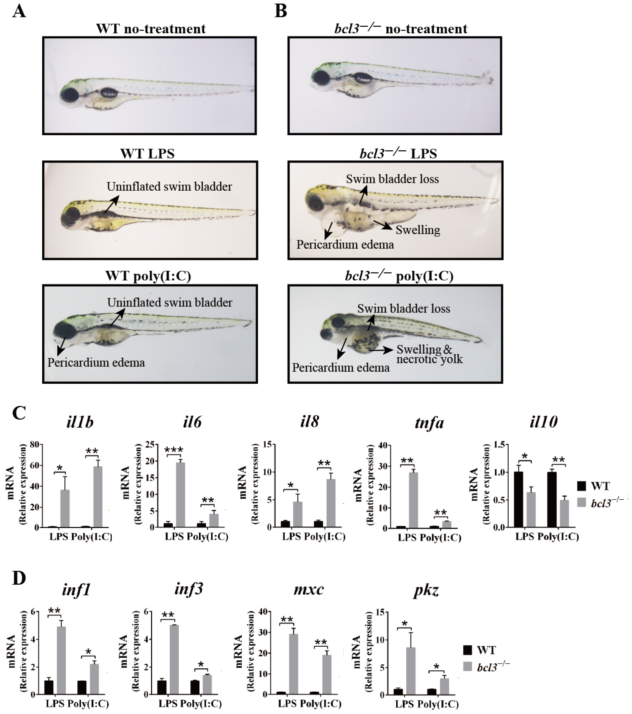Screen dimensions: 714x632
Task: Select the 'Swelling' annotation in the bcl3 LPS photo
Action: pyautogui.click(x=418, y=230)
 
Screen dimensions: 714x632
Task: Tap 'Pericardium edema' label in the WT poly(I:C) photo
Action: pyautogui.click(x=96, y=363)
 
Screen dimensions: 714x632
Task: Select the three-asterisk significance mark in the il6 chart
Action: pyautogui.click(x=174, y=450)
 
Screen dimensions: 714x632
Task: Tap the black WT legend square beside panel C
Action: pyautogui.click(x=582, y=486)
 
